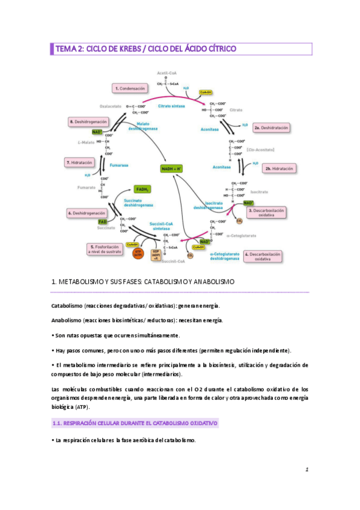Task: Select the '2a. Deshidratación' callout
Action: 272,128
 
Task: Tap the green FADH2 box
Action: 142,189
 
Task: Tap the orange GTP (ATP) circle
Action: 139,253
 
